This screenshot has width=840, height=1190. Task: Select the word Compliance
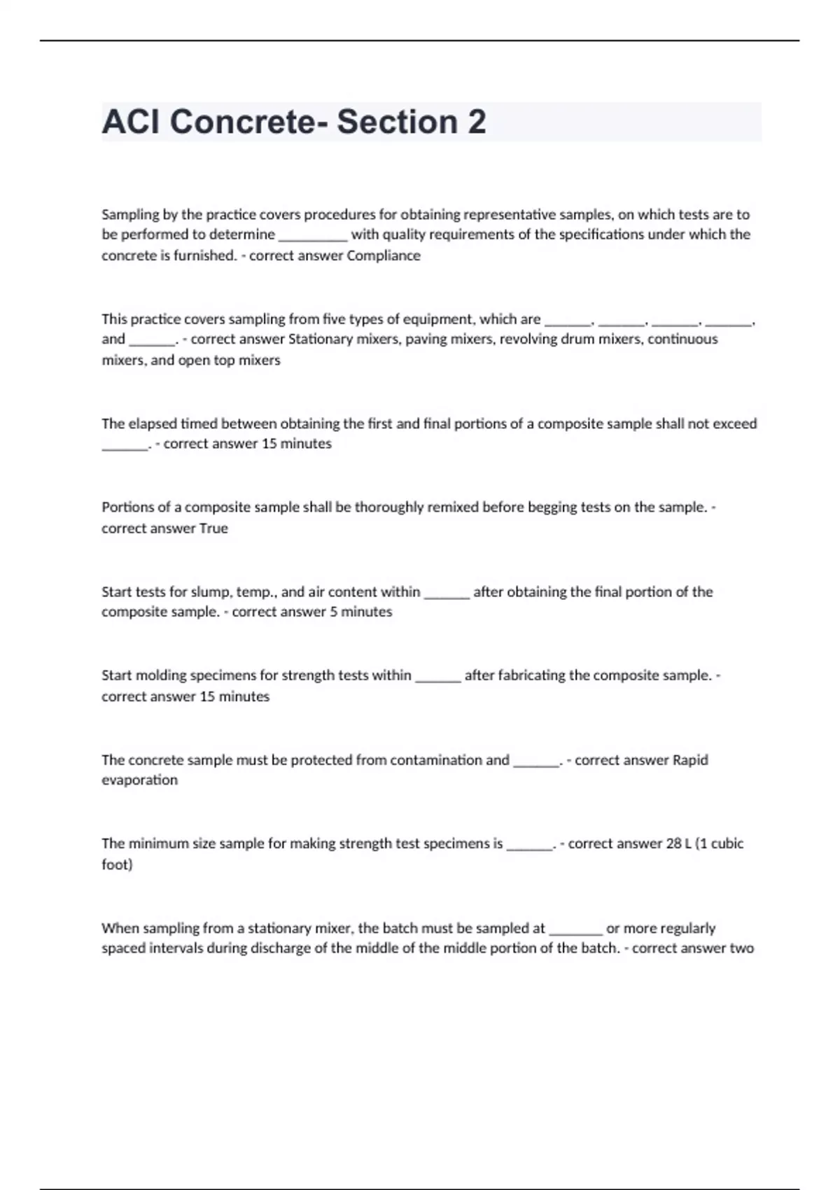click(x=384, y=255)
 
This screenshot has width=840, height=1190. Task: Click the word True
click(x=213, y=528)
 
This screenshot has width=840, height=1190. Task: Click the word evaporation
click(x=139, y=780)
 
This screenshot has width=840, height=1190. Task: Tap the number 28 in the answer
click(x=673, y=843)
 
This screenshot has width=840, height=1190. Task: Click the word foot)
click(x=117, y=864)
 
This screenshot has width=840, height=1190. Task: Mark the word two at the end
click(x=741, y=948)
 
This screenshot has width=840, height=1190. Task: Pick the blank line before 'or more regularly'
click(x=575, y=931)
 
